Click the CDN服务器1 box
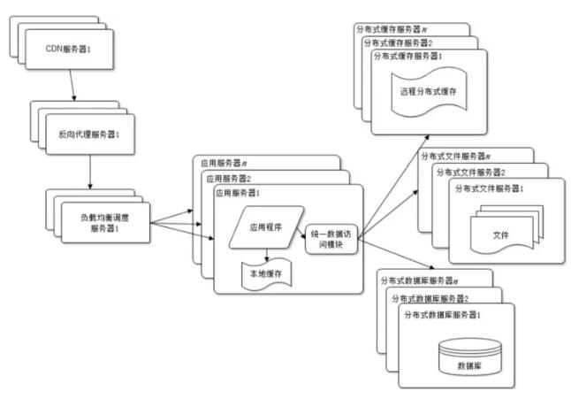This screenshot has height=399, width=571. click(x=69, y=50)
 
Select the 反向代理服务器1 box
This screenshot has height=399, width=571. click(x=90, y=134)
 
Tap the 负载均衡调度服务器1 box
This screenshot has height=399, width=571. click(x=105, y=223)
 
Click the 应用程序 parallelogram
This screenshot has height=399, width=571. click(x=266, y=227)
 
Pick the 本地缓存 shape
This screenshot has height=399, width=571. click(x=267, y=274)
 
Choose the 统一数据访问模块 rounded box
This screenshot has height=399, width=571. click(x=331, y=239)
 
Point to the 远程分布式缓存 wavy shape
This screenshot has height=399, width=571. click(x=429, y=91)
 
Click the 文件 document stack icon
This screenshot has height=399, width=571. click(x=506, y=229)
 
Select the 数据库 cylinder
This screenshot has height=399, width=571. click(x=469, y=357)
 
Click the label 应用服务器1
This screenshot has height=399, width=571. click(x=238, y=193)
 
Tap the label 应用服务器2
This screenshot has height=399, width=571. click(x=229, y=179)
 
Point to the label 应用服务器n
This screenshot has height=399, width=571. click(x=224, y=163)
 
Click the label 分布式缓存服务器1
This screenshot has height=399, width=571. click(x=407, y=56)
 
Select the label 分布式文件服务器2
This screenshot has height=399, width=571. click(x=471, y=172)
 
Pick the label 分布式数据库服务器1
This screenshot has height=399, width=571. click(x=443, y=314)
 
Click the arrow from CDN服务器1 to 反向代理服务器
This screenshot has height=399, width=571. click(x=72, y=85)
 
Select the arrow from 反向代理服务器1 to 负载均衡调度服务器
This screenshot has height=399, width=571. click(x=90, y=172)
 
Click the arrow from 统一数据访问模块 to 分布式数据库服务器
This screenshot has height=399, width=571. click(x=396, y=254)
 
